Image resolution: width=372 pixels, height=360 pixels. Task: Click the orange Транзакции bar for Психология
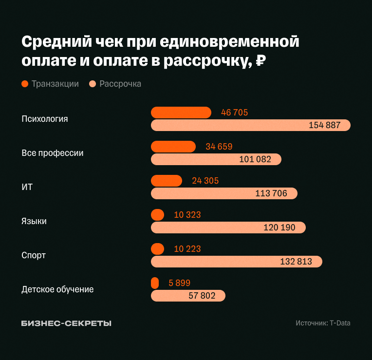pos(181,113)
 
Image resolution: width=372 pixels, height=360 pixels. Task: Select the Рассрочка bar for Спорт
pos(237,262)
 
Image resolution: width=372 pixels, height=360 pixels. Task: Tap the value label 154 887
pos(324,125)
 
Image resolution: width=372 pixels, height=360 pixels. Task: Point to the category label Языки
pos(34,221)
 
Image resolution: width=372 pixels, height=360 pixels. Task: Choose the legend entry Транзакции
pos(50,84)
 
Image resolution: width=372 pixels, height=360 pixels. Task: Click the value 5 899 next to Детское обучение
pos(179,283)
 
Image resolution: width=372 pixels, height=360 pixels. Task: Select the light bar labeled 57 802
pos(188,296)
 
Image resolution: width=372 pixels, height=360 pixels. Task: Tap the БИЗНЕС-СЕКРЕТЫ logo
pos(66,323)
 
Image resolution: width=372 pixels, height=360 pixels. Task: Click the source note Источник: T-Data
pos(322,323)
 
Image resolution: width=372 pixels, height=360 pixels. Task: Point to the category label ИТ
pos(27,187)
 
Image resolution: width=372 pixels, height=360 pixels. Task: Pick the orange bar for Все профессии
pos(173,147)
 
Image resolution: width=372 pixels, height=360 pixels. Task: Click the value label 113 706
pos(271,193)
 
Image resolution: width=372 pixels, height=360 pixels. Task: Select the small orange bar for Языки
pos(158,215)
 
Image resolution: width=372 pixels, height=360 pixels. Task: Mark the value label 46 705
pos(234,113)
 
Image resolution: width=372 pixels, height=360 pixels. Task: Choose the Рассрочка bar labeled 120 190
pos(228,227)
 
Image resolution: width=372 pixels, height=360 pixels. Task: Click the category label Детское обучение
pos(57,289)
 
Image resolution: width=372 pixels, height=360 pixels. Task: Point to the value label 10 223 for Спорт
pos(187,249)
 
